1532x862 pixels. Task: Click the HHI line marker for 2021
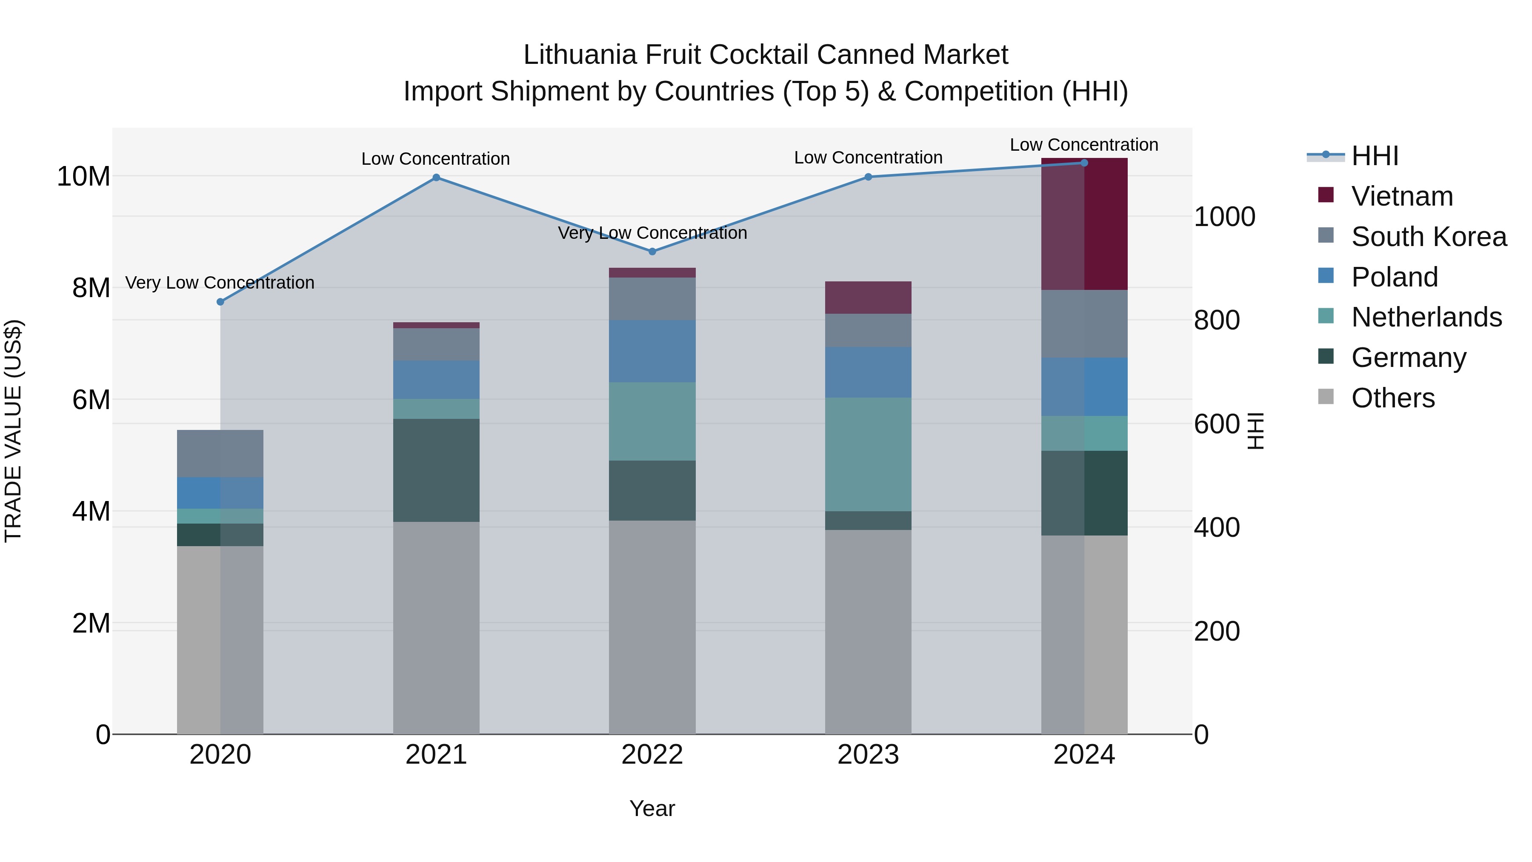tap(436, 177)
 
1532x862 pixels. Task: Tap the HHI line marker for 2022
tap(652, 252)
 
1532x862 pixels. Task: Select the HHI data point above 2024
tap(1083, 163)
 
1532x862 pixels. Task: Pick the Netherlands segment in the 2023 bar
tap(868, 454)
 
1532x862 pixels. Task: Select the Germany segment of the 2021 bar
tap(436, 470)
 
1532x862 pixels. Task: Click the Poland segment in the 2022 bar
tap(652, 351)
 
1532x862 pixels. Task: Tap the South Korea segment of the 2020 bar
tap(220, 453)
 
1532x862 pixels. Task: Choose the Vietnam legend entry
tap(1402, 196)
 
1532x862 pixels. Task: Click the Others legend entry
tap(1392, 398)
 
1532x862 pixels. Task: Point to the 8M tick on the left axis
tap(90, 288)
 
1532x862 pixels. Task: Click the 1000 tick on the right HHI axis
tap(1224, 217)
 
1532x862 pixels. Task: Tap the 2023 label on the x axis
tap(868, 755)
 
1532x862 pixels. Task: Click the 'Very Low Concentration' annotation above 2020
tap(220, 283)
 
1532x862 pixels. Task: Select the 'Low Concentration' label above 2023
tap(868, 158)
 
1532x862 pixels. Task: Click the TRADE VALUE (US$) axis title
tap(13, 431)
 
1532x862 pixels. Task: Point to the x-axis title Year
tap(652, 808)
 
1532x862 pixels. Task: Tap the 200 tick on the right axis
tap(1216, 631)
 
